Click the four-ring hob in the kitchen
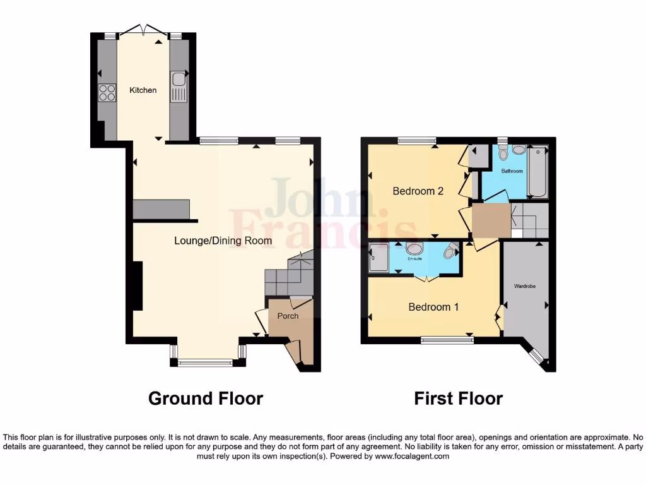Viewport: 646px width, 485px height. (x=107, y=93)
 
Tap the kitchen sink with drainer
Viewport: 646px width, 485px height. (x=179, y=87)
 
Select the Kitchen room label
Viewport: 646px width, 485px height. (x=143, y=90)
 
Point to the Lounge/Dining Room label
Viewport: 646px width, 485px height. (x=223, y=241)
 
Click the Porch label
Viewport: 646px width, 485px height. (x=287, y=316)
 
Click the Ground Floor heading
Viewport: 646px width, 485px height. (x=205, y=398)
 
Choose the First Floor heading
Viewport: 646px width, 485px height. (x=458, y=398)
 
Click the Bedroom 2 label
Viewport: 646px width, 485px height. (x=418, y=191)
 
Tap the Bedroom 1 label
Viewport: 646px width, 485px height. (x=433, y=307)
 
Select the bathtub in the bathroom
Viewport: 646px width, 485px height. (x=538, y=171)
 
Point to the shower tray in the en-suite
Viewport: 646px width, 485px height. (x=379, y=258)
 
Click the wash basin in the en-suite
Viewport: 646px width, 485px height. (x=414, y=248)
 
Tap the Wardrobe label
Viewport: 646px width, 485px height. (x=524, y=286)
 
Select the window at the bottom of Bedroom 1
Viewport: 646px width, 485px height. (x=447, y=340)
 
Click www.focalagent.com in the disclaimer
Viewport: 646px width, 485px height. (x=413, y=456)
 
